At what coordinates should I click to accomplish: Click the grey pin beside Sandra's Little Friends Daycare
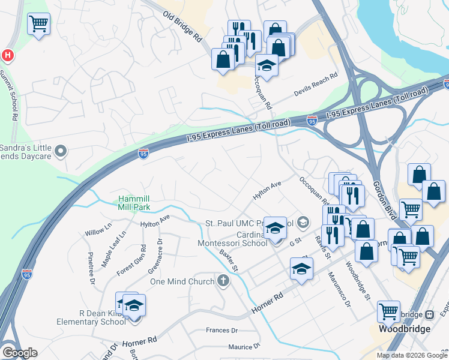coord(60,151)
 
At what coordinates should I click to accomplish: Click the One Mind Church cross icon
coord(223,281)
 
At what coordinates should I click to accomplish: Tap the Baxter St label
coord(229,260)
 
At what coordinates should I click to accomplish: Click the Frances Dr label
coord(222,330)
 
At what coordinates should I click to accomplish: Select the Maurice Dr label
coord(243,346)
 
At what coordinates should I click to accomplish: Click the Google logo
coord(20,353)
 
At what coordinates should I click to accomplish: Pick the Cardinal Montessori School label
coord(233,239)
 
